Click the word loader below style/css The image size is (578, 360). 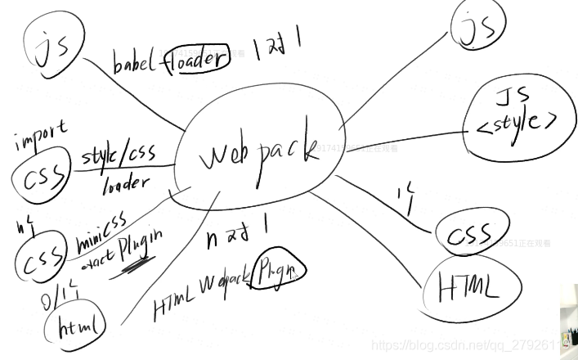point(126,184)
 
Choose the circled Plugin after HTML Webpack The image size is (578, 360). point(279,271)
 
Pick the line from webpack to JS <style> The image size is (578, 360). point(409,137)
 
